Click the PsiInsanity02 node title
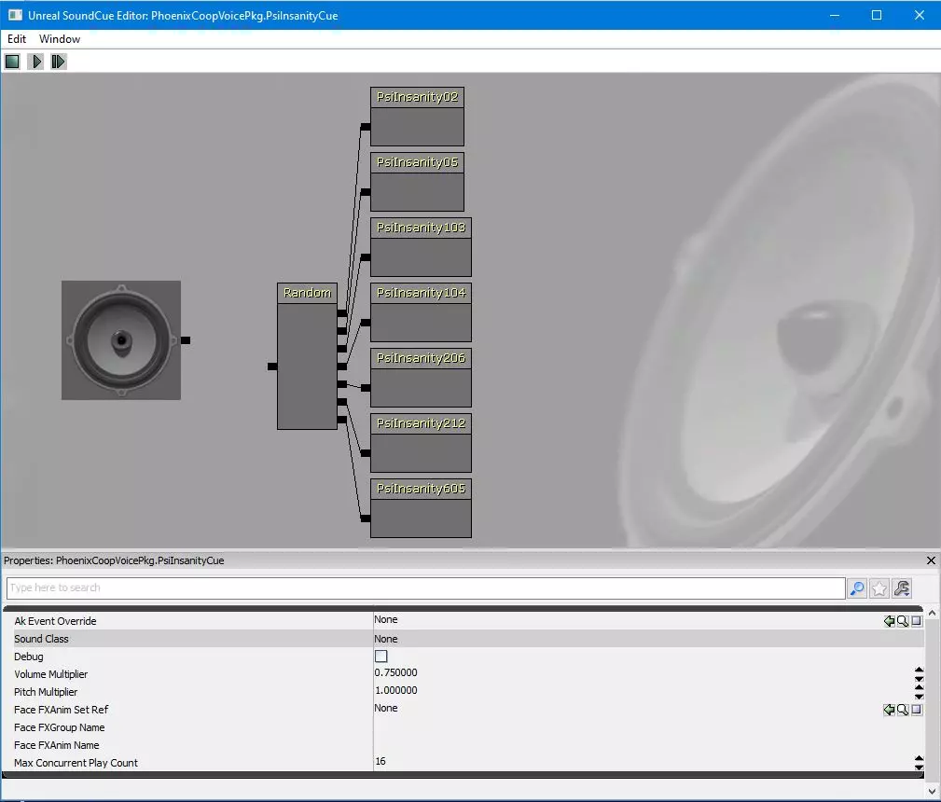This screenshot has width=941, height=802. (x=417, y=97)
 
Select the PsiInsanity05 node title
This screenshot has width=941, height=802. (x=417, y=162)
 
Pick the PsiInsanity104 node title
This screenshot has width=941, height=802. (x=421, y=293)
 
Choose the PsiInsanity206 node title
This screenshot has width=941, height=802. (x=421, y=358)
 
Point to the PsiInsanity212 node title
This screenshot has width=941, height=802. (x=421, y=423)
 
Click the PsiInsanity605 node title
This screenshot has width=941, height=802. (x=421, y=490)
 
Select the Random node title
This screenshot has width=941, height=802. (x=307, y=293)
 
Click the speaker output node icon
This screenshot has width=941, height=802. (x=121, y=340)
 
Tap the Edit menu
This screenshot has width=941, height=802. (x=17, y=39)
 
